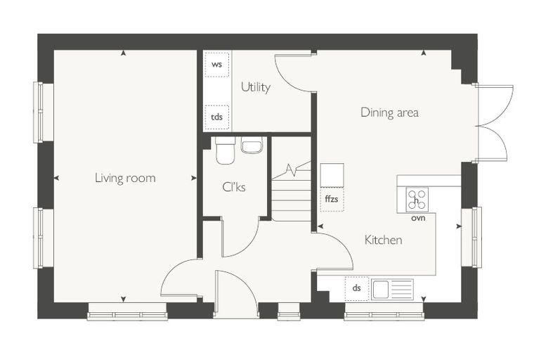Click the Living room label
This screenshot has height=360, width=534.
[125, 178]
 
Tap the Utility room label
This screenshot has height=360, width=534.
[256, 87]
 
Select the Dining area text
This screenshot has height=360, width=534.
[389, 112]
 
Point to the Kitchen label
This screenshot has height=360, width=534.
[383, 240]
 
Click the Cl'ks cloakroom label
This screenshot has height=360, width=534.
[233, 187]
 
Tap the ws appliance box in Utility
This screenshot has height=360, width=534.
[217, 65]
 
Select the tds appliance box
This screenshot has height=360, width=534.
[217, 117]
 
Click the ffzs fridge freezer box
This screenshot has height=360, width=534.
[332, 200]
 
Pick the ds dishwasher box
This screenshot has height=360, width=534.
[356, 288]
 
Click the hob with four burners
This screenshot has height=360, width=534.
[417, 200]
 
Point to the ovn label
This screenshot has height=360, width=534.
[418, 218]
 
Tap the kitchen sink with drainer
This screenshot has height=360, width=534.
[392, 290]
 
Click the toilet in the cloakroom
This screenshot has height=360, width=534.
[225, 150]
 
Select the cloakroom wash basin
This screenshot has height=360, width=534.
[252, 146]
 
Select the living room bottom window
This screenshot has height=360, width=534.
[127, 312]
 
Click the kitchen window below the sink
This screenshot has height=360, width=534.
[384, 312]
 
